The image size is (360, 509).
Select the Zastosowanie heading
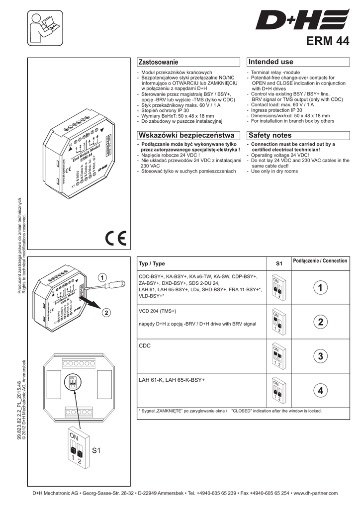click(158, 62)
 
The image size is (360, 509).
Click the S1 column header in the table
click(278, 263)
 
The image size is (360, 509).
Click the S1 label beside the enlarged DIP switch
click(96, 451)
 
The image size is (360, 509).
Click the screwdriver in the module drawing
click(111, 285)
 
